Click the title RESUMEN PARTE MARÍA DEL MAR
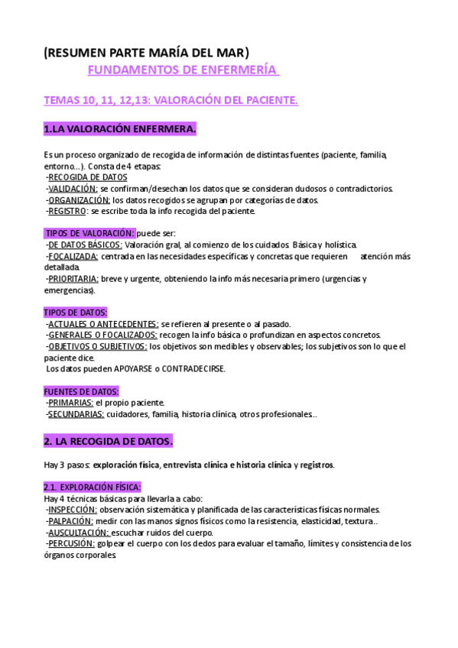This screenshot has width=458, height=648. coord(146,53)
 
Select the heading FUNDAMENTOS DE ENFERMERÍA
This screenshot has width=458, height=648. coord(183,70)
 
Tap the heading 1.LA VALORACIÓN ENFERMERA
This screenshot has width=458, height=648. coord(120,128)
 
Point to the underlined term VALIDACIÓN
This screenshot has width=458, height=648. coord(73,189)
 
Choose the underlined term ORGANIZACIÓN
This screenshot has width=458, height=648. coord(77,200)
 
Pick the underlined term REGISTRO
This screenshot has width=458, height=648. coord(67,211)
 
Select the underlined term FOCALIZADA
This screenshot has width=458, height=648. coord(73,256)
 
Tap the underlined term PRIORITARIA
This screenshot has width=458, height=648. coord(73,279)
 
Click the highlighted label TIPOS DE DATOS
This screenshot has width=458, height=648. coord(76,313)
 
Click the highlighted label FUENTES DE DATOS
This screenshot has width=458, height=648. coord(81,391)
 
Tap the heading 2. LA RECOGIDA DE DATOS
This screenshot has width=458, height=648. coord(109,442)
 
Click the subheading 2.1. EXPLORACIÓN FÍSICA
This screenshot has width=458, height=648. coord(93,487)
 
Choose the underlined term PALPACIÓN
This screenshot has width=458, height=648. coord(72,521)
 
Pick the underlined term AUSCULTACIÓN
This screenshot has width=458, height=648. coord(79,533)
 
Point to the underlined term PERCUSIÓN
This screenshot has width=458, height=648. coord(71,544)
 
